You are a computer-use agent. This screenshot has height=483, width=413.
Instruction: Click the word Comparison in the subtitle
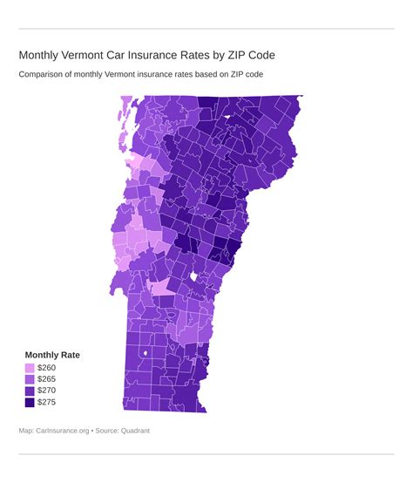tap(46, 74)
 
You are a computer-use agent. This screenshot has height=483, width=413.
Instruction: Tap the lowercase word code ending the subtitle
tap(252, 74)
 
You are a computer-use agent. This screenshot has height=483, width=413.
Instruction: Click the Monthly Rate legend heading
tap(52, 355)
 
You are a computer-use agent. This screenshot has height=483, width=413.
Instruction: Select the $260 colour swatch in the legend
tap(30, 369)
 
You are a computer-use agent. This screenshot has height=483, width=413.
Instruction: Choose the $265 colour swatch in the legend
tap(30, 380)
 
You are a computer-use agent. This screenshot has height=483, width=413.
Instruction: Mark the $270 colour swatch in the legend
tap(30, 391)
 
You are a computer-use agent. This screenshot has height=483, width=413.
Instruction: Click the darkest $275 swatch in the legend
tap(30, 403)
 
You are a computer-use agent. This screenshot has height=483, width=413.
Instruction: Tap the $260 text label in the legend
tap(46, 369)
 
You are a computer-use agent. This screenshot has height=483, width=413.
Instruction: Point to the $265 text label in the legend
tap(46, 380)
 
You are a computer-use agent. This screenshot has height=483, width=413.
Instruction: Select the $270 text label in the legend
tap(46, 391)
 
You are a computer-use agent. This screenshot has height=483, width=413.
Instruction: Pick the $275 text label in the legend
tap(46, 403)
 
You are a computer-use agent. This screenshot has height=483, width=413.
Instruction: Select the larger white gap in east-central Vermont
tap(194, 277)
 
